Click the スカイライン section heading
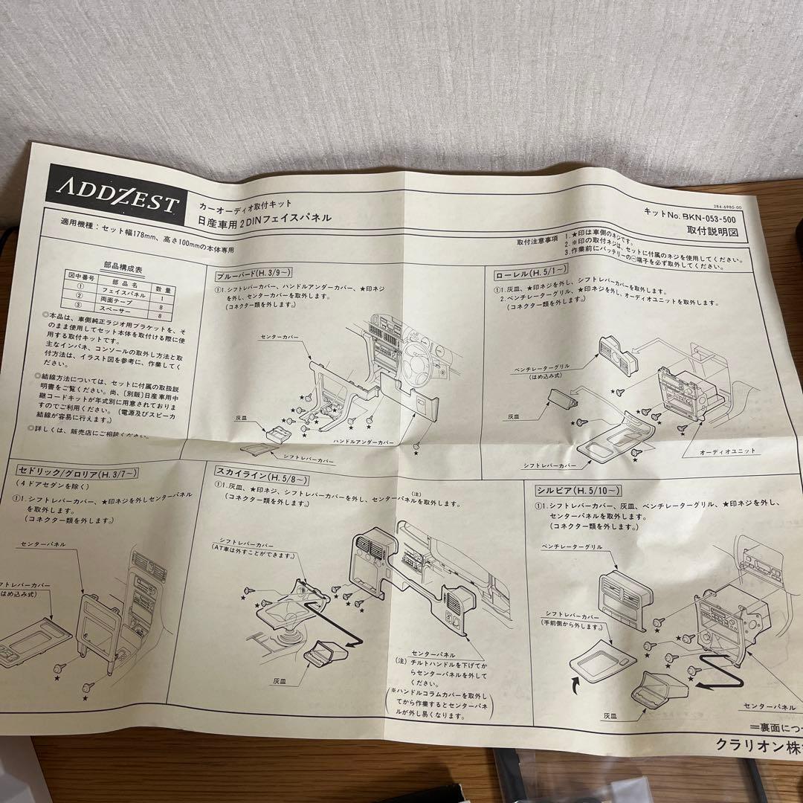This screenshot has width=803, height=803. (x=251, y=471)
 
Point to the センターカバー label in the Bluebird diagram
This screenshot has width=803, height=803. (x=280, y=337)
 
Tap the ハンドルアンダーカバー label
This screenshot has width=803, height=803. (x=364, y=441)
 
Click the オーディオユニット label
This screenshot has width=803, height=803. (x=727, y=451)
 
